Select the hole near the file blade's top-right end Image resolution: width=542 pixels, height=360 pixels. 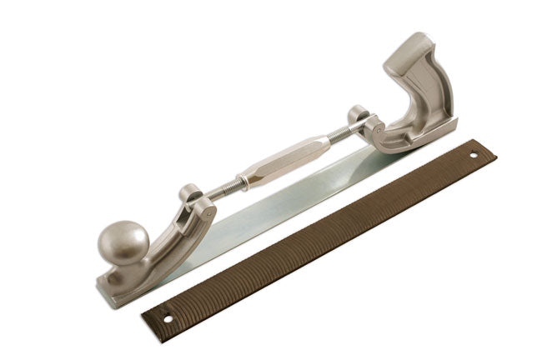click(474, 154)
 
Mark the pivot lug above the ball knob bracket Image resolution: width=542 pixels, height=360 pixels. click(190, 193)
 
